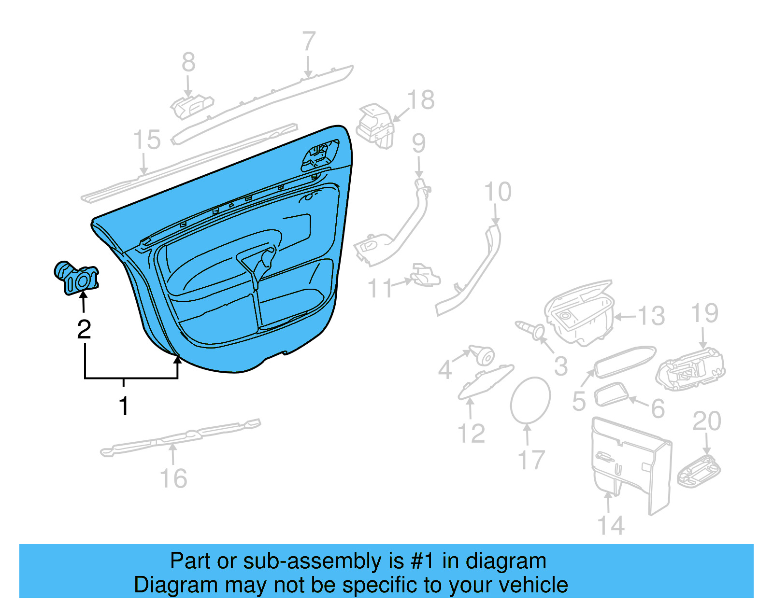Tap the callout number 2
[x=84, y=329]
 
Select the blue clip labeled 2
[x=77, y=278]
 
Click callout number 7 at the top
[x=309, y=42]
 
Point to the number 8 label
[x=188, y=62]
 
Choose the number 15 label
[x=147, y=140]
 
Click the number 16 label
[x=173, y=478]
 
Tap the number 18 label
[x=421, y=100]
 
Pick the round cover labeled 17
[x=530, y=400]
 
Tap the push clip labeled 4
[x=482, y=356]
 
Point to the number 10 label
[x=498, y=192]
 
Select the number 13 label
[x=651, y=316]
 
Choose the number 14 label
[x=611, y=525]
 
